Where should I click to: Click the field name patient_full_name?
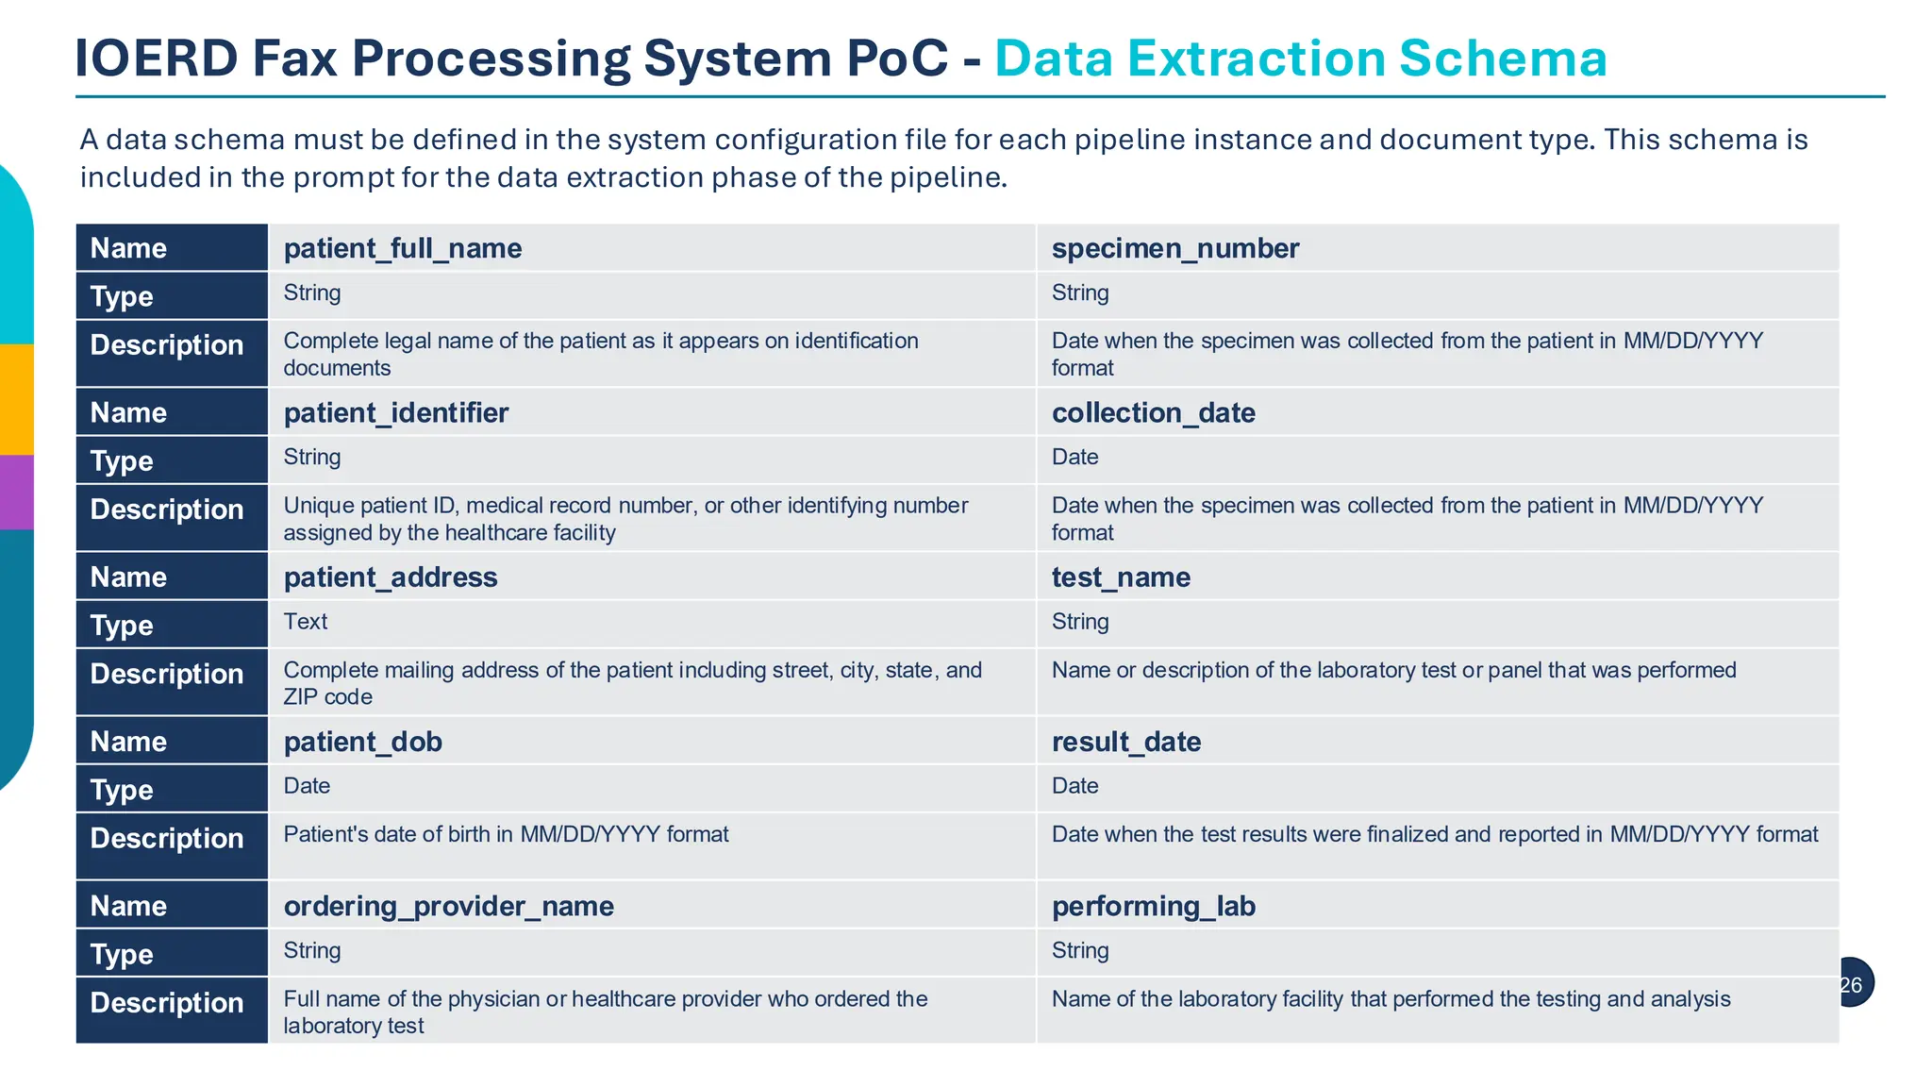(x=403, y=248)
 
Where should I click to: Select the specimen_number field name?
(x=1174, y=248)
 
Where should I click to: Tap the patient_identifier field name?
(x=396, y=412)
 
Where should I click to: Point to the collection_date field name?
(x=1153, y=412)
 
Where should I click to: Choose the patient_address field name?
(x=391, y=577)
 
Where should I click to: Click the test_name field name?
(x=1121, y=577)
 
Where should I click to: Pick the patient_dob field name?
(x=363, y=742)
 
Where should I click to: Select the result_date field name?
(x=1126, y=742)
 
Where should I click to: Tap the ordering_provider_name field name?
(x=449, y=906)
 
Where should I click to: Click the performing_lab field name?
(x=1153, y=906)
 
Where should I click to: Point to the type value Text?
(x=306, y=622)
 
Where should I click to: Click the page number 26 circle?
(x=1852, y=984)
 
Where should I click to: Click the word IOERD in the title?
(x=157, y=59)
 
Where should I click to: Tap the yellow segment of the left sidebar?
(x=16, y=399)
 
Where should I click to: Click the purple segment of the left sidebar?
(x=16, y=492)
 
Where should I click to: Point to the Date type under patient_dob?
(x=307, y=786)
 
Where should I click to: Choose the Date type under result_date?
(x=1074, y=786)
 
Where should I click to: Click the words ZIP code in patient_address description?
(x=327, y=697)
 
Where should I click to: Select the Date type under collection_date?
(x=1074, y=457)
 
